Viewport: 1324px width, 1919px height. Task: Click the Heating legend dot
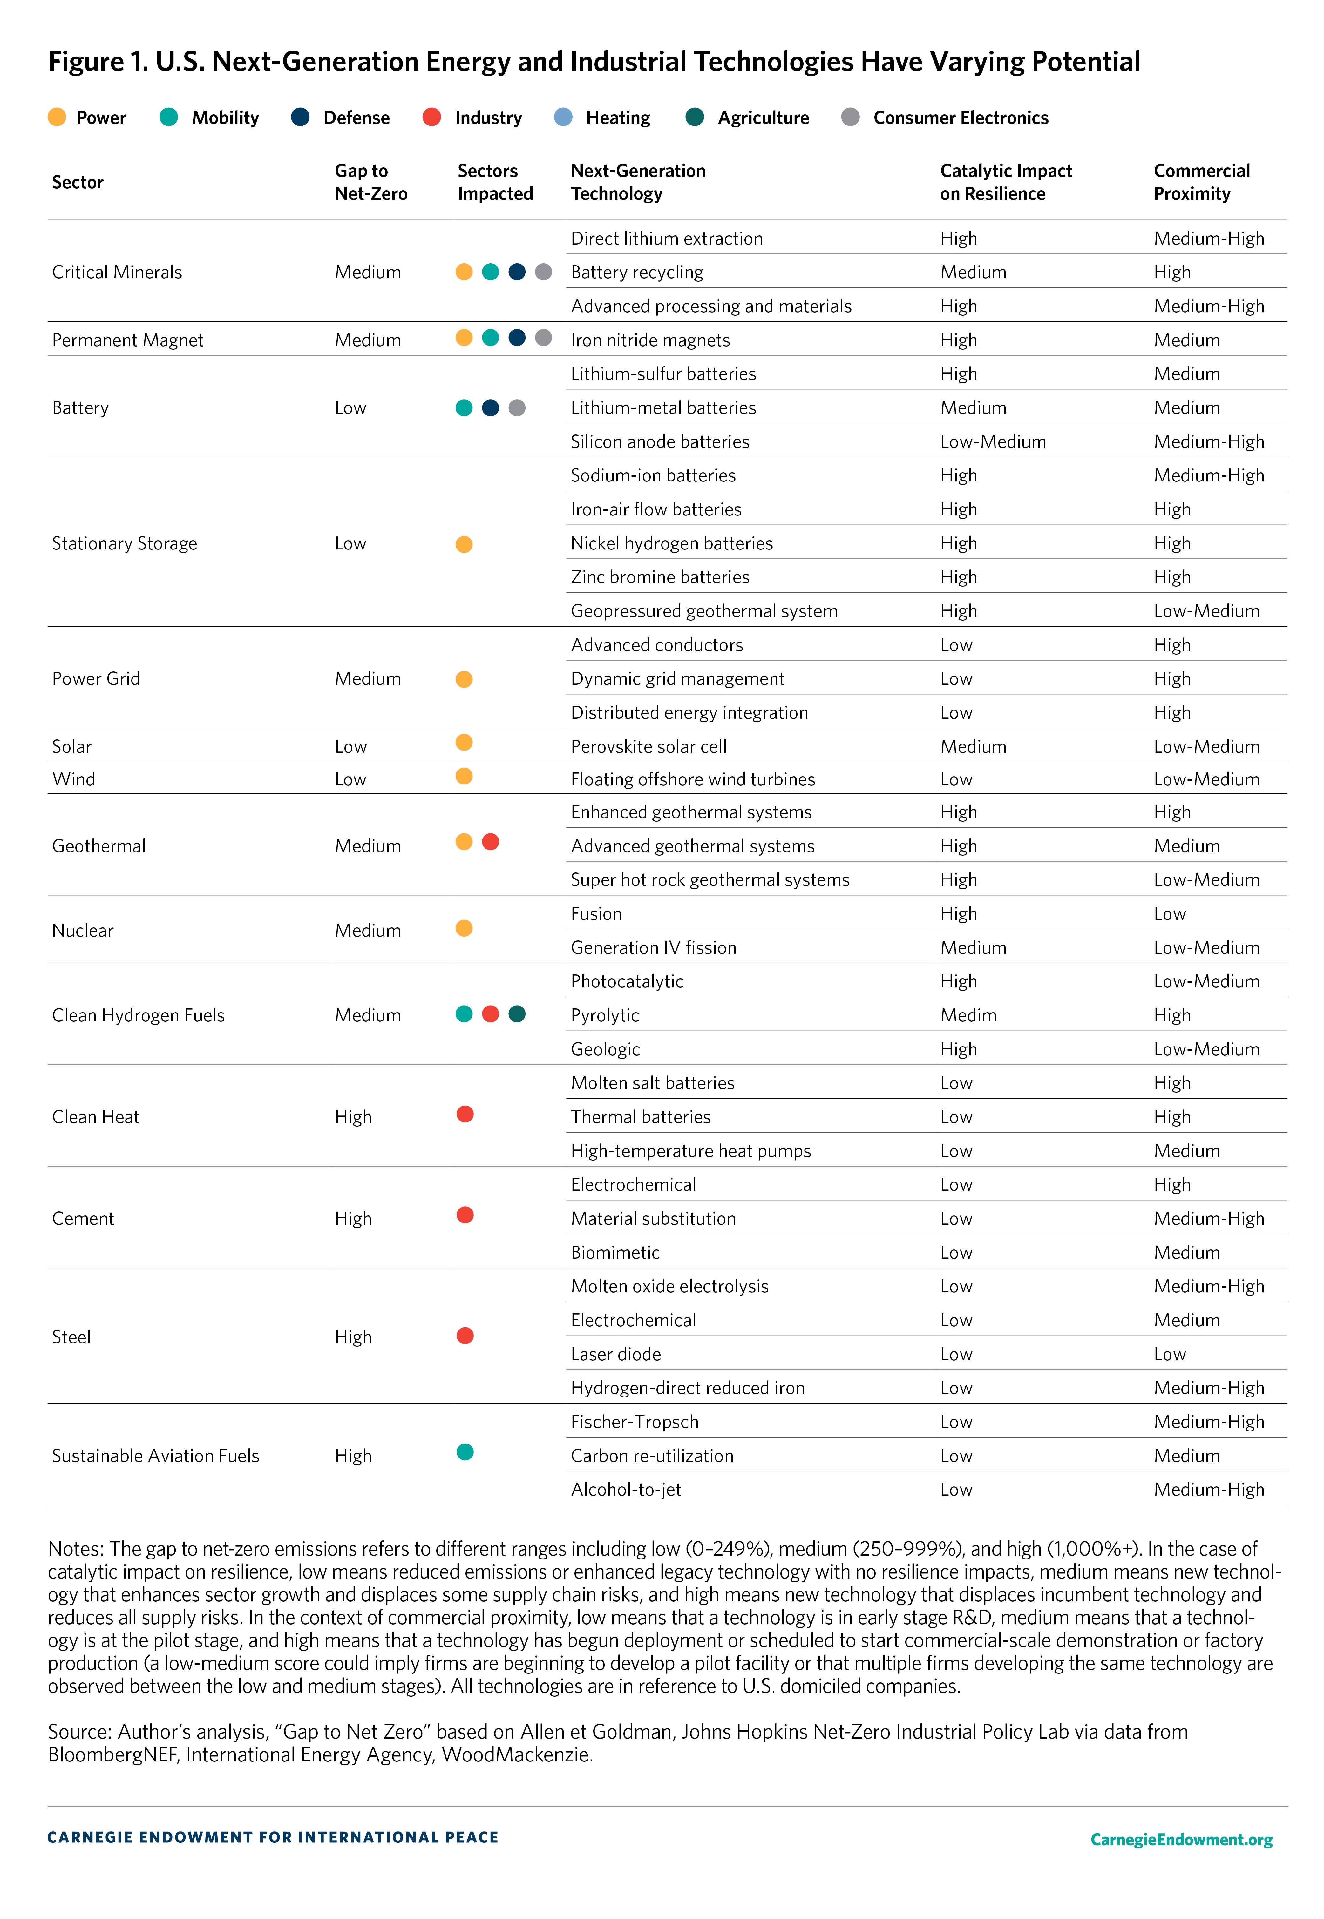point(563,117)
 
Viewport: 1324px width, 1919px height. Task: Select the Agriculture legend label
point(763,118)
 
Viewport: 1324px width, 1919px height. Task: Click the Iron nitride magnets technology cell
point(650,340)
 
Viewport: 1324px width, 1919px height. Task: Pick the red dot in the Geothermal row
point(490,842)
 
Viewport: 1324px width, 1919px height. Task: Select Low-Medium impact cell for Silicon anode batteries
point(993,441)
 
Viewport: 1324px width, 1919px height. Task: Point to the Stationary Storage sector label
point(125,543)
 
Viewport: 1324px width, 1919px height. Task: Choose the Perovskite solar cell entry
point(649,746)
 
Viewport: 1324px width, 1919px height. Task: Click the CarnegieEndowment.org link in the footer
point(1181,1839)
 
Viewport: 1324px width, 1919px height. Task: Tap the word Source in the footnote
point(80,1732)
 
